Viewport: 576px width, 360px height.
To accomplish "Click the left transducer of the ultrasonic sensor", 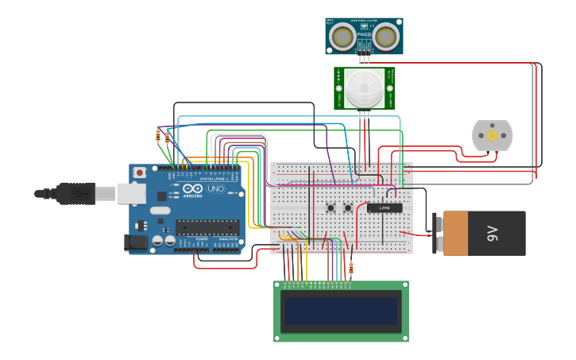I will click(x=343, y=37).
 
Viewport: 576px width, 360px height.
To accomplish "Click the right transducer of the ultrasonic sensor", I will click(x=385, y=37).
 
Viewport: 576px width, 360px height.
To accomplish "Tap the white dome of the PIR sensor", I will click(x=364, y=87).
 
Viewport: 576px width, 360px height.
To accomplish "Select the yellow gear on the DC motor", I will click(x=493, y=136).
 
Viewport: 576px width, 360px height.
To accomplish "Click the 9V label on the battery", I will click(x=493, y=233).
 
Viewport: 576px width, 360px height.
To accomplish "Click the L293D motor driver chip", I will click(x=385, y=207).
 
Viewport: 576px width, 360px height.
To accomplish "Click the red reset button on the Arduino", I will click(x=140, y=172).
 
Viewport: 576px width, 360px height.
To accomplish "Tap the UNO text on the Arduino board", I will click(x=215, y=191).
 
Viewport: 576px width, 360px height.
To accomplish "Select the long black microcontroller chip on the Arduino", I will click(x=207, y=227).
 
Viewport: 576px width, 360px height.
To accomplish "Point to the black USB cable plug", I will click(x=75, y=192).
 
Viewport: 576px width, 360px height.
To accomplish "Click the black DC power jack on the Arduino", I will click(x=137, y=242).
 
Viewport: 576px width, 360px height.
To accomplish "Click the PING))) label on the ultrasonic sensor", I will click(x=364, y=35).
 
